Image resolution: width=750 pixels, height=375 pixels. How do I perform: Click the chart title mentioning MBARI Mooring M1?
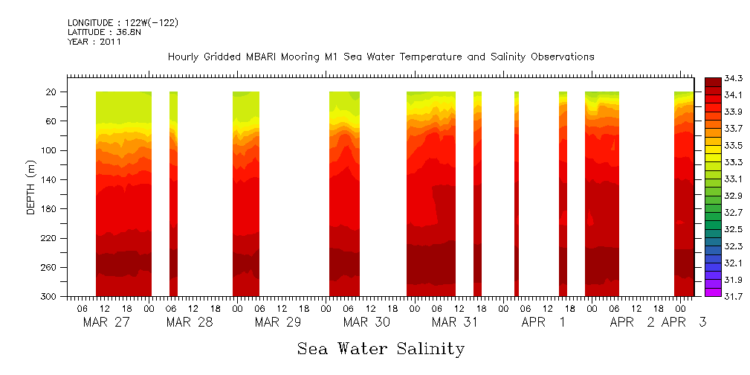click(381, 57)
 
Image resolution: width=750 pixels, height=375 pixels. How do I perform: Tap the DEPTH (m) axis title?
click(30, 187)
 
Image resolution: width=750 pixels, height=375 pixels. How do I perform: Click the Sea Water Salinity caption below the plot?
click(381, 348)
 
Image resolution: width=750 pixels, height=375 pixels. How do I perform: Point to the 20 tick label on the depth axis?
click(52, 92)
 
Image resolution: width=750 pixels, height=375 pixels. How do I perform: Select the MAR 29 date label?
click(278, 322)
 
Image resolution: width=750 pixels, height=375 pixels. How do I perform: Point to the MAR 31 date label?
click(455, 322)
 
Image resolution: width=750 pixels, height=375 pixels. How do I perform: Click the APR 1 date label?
click(543, 322)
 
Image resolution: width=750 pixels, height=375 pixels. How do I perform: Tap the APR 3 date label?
click(684, 322)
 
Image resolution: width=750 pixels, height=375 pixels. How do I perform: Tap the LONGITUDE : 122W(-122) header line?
click(123, 23)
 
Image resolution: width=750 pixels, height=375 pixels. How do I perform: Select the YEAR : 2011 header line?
click(94, 42)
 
